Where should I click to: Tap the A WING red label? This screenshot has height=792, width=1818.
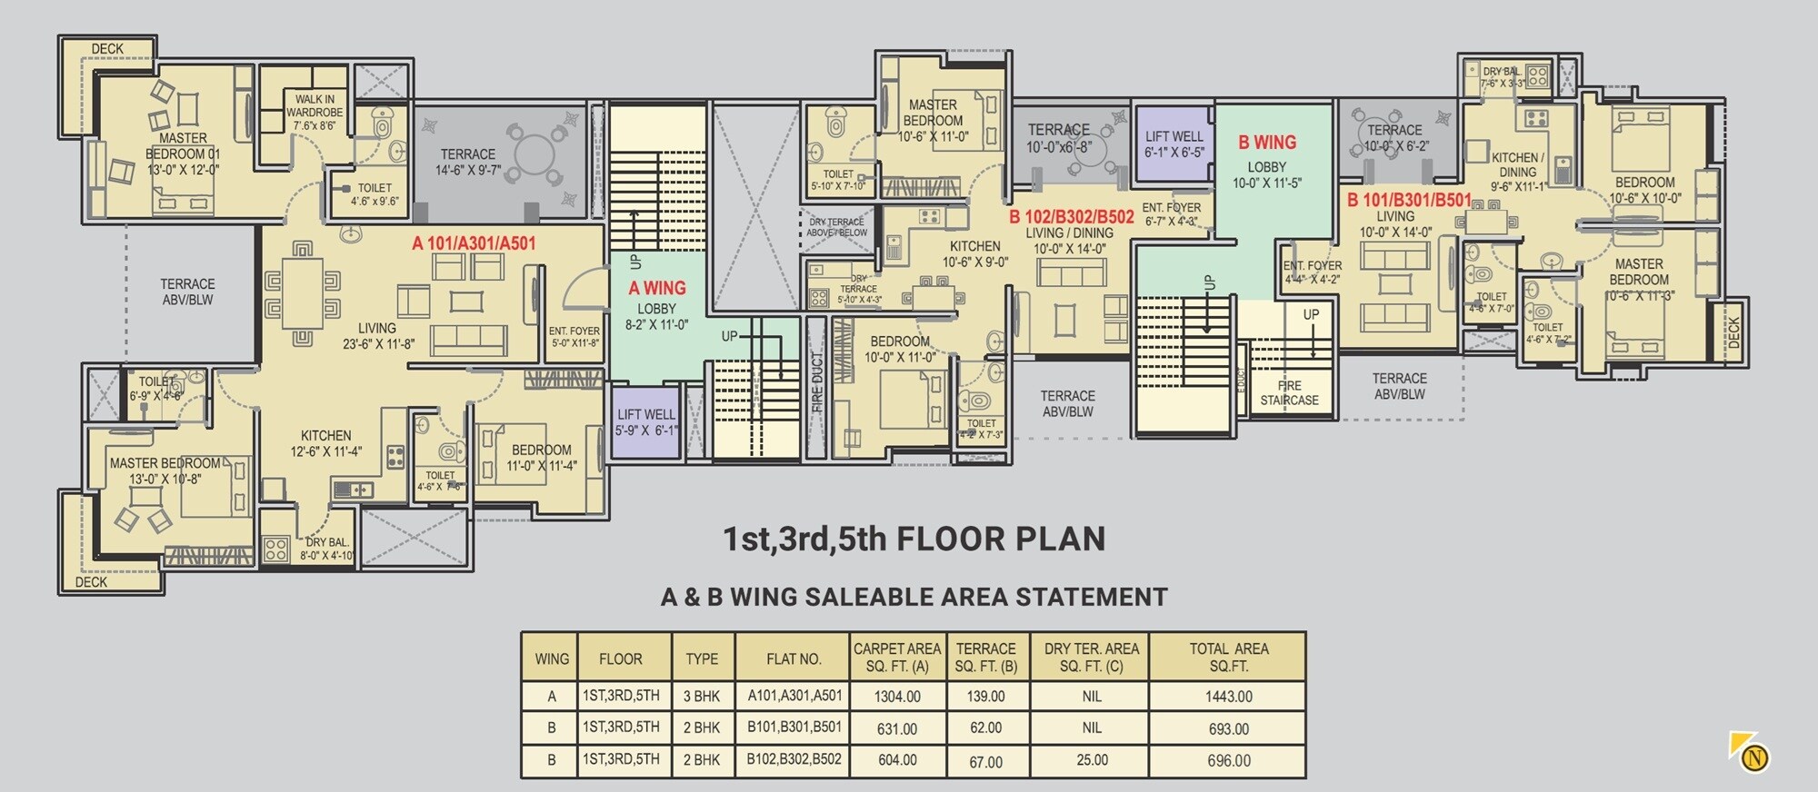tap(657, 288)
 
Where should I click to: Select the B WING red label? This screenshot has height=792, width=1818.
tap(1267, 143)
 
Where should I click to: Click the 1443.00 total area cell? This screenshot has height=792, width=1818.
tap(1228, 697)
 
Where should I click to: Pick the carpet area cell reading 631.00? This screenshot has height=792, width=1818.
tap(897, 728)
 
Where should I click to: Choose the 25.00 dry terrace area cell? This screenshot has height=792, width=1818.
tap(1092, 760)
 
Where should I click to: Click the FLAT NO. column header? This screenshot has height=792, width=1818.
tap(794, 658)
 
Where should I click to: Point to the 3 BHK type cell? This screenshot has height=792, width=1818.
tap(702, 697)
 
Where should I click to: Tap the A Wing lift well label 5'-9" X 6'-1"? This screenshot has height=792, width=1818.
tap(646, 422)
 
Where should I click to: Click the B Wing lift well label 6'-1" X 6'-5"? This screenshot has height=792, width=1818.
tap(1174, 144)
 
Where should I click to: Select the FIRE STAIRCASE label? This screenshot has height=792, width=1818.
tap(1289, 392)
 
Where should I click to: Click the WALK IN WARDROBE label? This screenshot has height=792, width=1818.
tap(315, 113)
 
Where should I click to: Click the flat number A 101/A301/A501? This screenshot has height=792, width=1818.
tap(474, 243)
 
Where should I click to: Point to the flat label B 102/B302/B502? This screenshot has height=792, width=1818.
tap(1072, 217)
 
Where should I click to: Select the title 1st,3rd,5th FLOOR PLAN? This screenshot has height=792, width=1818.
tap(914, 539)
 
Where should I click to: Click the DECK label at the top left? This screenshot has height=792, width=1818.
tap(107, 49)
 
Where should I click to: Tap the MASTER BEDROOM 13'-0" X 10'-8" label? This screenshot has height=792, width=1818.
tap(165, 470)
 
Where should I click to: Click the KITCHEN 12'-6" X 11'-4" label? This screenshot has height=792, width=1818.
tap(326, 443)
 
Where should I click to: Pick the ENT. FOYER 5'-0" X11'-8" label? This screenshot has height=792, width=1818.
tap(574, 337)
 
